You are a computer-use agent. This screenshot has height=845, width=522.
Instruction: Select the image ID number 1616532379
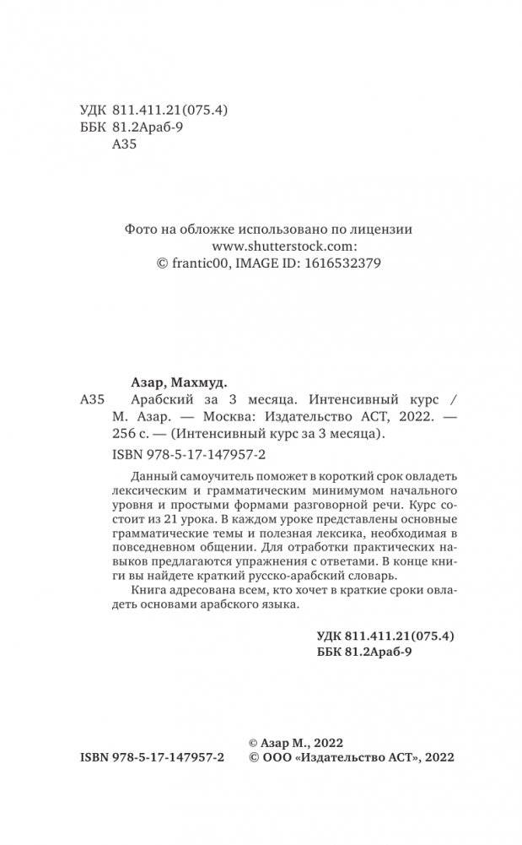pos(345,263)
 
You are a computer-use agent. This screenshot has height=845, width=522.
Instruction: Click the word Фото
pos(141,229)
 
